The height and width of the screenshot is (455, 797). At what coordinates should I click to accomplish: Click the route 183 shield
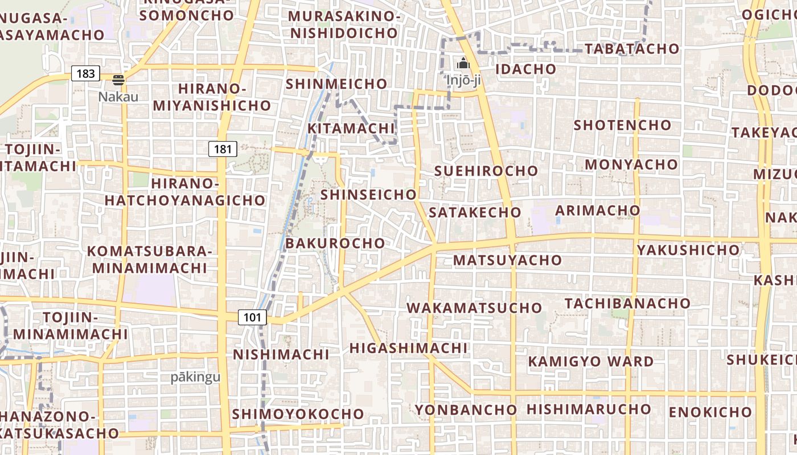click(85, 73)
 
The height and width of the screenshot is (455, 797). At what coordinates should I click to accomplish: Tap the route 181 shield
click(223, 150)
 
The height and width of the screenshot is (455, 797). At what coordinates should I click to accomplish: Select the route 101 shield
click(252, 317)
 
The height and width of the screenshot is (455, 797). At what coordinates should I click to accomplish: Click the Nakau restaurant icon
click(118, 80)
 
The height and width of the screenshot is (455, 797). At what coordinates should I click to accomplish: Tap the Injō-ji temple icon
click(463, 63)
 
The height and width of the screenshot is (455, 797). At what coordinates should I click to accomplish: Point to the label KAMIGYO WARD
click(591, 362)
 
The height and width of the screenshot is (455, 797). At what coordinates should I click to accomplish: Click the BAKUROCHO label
click(335, 243)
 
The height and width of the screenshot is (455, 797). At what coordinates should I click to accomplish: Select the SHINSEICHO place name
click(368, 195)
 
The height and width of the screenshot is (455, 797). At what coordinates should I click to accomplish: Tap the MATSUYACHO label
click(507, 260)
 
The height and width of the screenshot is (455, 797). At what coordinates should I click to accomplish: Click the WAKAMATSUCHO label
click(474, 308)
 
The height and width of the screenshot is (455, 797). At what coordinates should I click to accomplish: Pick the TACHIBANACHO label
click(627, 303)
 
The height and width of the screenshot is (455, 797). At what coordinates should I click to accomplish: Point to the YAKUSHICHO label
click(688, 250)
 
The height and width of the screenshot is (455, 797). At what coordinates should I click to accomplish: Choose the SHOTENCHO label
click(622, 125)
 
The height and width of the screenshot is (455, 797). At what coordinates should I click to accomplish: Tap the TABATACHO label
click(632, 49)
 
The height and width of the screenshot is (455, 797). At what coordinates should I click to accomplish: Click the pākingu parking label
click(195, 377)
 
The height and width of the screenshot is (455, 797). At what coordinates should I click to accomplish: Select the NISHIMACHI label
click(281, 355)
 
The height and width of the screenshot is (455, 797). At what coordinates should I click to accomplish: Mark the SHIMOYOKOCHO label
click(298, 414)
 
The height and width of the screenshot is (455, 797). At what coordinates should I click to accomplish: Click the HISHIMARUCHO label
click(589, 409)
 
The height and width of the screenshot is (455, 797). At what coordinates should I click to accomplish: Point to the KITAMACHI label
click(351, 129)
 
